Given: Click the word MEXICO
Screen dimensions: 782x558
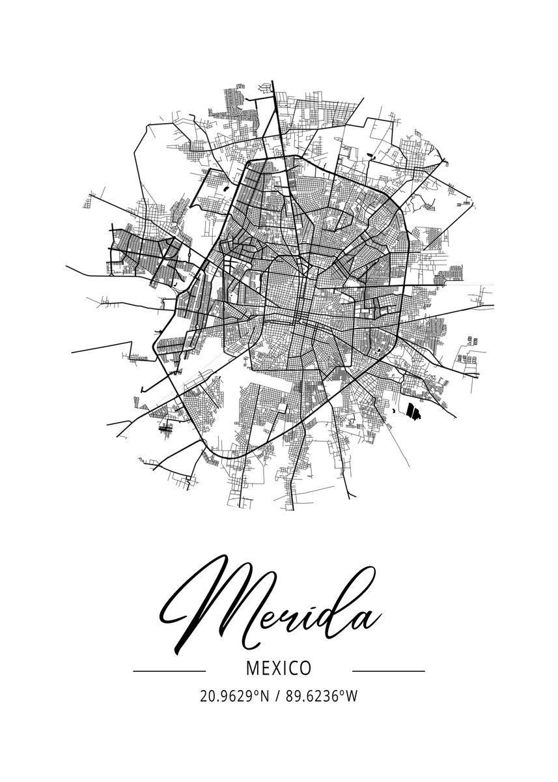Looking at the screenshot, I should [279, 669].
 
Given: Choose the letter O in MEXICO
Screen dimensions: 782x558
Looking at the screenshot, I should [304, 669].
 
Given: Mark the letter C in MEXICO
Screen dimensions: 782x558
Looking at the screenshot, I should [291, 669].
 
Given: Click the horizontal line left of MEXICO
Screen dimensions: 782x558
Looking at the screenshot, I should [169, 670].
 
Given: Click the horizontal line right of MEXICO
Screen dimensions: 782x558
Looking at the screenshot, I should [388, 670].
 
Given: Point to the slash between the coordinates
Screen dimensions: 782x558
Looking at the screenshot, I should [278, 697].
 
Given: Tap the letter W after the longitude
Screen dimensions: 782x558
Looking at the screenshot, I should [352, 697].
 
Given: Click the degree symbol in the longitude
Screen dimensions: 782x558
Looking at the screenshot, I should [341, 692].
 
